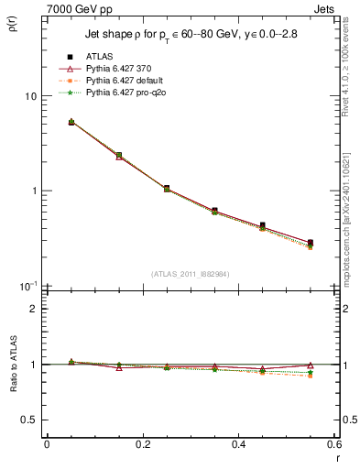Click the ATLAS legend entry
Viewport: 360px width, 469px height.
point(100,57)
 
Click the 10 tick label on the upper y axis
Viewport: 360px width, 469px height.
point(29,96)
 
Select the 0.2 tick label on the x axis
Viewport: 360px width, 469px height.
point(142,444)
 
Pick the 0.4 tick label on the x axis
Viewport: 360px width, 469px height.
point(238,444)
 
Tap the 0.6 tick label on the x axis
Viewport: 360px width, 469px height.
point(333,444)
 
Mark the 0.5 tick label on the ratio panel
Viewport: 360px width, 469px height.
point(29,420)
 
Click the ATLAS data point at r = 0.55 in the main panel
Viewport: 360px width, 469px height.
point(311,243)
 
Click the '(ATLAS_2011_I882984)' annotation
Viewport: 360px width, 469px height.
point(190,275)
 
